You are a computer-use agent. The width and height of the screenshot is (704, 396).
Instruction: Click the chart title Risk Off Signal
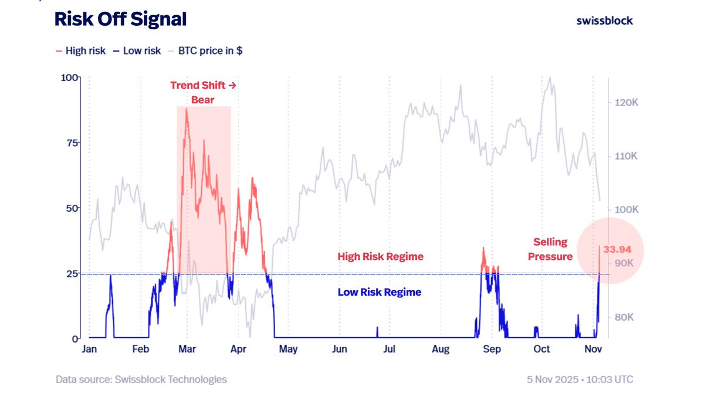click(120, 19)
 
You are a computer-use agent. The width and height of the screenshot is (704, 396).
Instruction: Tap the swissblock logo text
click(605, 21)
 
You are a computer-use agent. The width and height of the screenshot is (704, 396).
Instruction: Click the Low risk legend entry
click(141, 51)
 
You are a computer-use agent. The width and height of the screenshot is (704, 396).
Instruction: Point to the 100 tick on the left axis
click(70, 78)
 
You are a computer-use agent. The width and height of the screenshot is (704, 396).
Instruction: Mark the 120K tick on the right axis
click(625, 103)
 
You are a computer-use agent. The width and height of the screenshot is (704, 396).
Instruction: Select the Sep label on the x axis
click(492, 349)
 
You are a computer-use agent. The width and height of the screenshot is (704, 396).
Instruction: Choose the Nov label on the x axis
click(593, 349)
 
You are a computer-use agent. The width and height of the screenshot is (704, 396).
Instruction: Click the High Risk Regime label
click(380, 256)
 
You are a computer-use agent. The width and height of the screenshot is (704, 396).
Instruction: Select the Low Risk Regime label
click(379, 292)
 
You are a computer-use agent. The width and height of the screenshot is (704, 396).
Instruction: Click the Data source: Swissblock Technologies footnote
click(141, 380)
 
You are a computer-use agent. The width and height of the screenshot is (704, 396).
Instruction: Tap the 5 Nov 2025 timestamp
click(580, 380)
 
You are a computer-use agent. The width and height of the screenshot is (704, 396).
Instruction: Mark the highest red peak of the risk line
click(187, 109)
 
